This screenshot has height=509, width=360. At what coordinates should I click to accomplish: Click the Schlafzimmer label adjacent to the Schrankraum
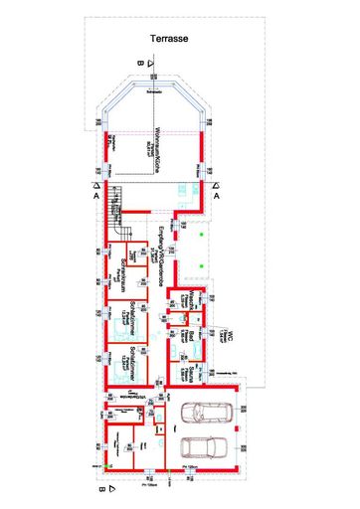120,318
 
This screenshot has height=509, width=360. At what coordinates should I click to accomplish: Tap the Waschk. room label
187,302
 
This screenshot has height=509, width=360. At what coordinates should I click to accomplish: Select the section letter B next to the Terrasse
141,65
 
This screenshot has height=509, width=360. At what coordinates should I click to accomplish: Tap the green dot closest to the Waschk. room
200,270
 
